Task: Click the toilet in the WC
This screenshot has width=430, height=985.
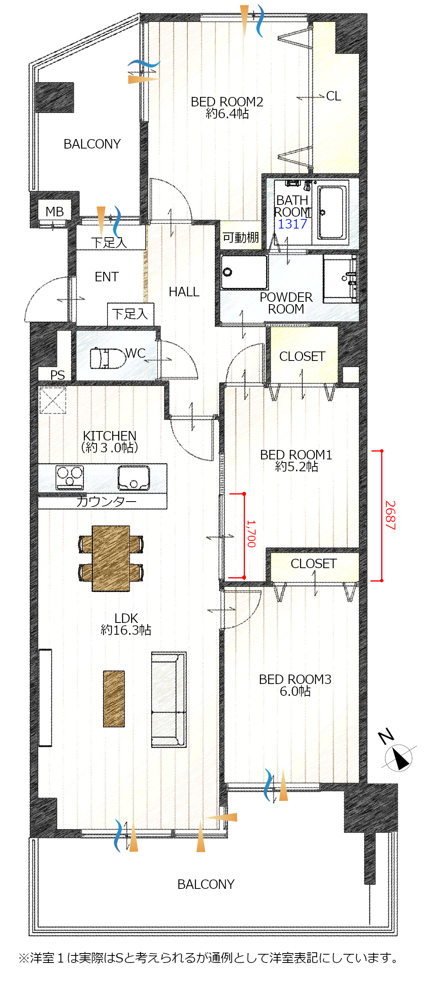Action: pos(107,358)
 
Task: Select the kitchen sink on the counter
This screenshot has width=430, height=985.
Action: pos(134,478)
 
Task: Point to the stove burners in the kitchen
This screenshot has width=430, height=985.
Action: pos(70,477)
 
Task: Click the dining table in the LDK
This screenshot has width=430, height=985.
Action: pos(111,558)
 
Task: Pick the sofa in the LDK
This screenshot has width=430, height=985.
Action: pos(169,699)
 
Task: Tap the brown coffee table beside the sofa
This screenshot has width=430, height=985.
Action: pos(114,699)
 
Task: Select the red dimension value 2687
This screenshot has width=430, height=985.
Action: pos(390,515)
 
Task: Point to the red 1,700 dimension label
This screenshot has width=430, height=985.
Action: pos(251,533)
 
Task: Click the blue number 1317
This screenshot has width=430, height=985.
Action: pos(292,224)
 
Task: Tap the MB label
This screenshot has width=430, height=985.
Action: pos(54,212)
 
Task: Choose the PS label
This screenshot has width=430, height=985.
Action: pos(57,375)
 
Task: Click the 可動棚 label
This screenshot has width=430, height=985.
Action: pos(241,237)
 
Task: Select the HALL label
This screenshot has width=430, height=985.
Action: pos(184,292)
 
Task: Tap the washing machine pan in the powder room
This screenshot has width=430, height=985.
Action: pos(244,272)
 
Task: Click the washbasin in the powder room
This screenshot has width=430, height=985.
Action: pos(341,279)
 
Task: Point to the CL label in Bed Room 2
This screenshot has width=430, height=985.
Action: pos(334,96)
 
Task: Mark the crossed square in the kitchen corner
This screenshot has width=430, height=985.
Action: pos(53,400)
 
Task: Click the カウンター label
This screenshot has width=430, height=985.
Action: pos(106,501)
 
